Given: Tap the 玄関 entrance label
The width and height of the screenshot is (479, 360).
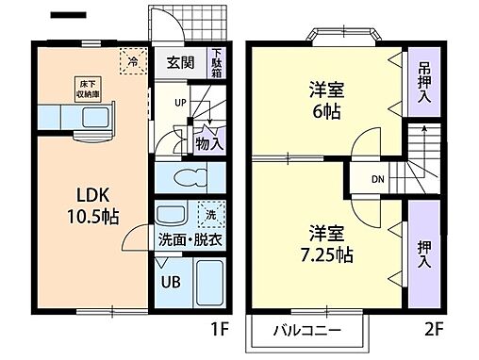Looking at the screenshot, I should tap(181, 63).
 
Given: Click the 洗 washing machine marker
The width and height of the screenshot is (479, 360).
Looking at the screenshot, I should tap(211, 213).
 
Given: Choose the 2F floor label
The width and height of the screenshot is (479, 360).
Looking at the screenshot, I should tap(436, 332).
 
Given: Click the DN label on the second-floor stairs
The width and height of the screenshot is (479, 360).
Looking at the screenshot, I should tap(376, 179).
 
